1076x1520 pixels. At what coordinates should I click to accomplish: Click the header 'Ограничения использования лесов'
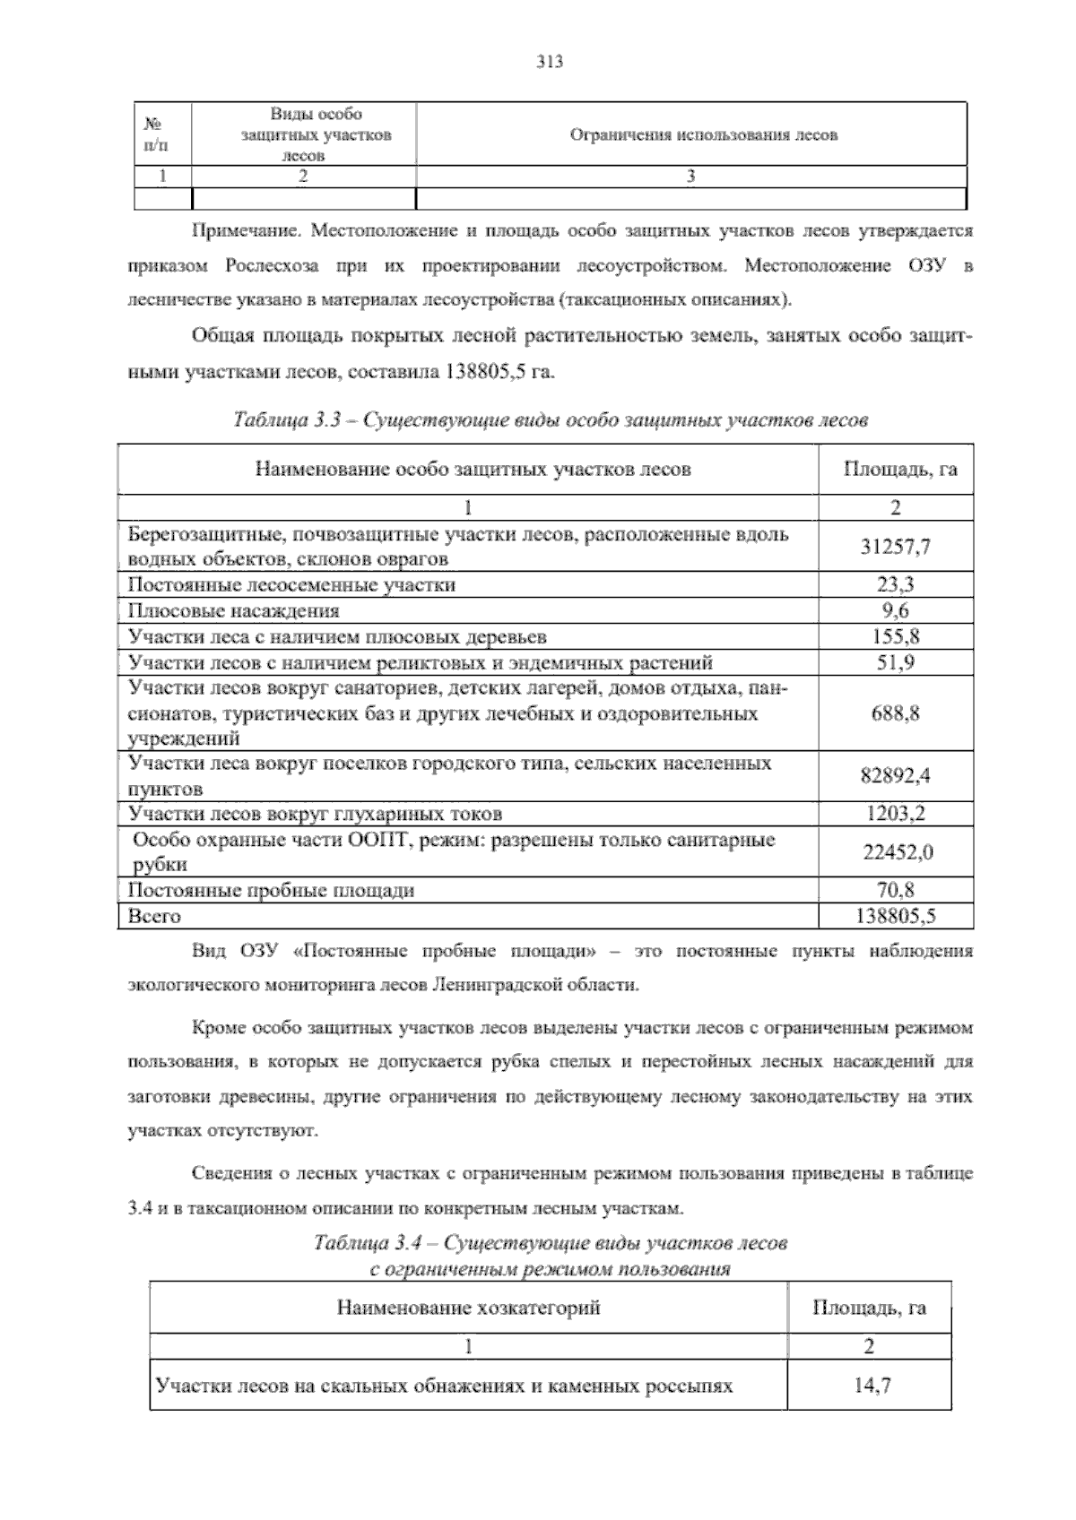[704, 135]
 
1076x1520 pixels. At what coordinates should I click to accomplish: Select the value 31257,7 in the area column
[895, 546]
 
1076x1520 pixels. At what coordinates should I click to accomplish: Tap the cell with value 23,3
[895, 584]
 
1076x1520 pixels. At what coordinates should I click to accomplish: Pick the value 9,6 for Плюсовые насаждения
[895, 610]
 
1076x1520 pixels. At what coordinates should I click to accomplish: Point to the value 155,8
[895, 637]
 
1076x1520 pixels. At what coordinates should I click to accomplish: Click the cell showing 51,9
[895, 663]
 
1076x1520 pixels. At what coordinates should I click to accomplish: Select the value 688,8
[895, 713]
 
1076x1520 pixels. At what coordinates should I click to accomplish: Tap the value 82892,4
[895, 776]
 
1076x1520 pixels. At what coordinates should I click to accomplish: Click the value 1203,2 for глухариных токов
[895, 814]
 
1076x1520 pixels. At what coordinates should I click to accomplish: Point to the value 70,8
[895, 890]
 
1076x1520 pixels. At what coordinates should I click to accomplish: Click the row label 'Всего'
[154, 916]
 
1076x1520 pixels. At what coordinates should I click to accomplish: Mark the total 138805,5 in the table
[895, 916]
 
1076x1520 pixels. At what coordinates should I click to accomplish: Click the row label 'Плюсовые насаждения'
[233, 610]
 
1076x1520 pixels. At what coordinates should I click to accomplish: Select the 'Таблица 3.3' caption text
[549, 419]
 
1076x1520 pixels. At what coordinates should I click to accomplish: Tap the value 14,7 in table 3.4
[872, 1386]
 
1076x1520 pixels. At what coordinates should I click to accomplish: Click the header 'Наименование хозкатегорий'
[468, 1308]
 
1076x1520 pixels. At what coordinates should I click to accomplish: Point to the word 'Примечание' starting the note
[246, 231]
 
